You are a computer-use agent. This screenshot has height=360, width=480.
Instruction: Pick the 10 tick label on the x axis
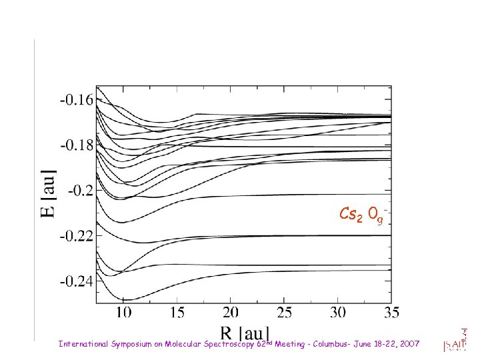pyautogui.click(x=123, y=312)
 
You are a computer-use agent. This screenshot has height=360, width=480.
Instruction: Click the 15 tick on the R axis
pyautogui.click(x=177, y=312)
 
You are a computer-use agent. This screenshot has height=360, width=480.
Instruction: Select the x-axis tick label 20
pyautogui.click(x=231, y=312)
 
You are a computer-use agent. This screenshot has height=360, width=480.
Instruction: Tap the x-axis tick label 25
pyautogui.click(x=285, y=312)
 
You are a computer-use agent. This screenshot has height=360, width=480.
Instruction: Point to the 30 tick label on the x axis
pyautogui.click(x=338, y=312)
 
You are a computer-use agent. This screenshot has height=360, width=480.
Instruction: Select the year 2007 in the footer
pyautogui.click(x=407, y=344)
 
